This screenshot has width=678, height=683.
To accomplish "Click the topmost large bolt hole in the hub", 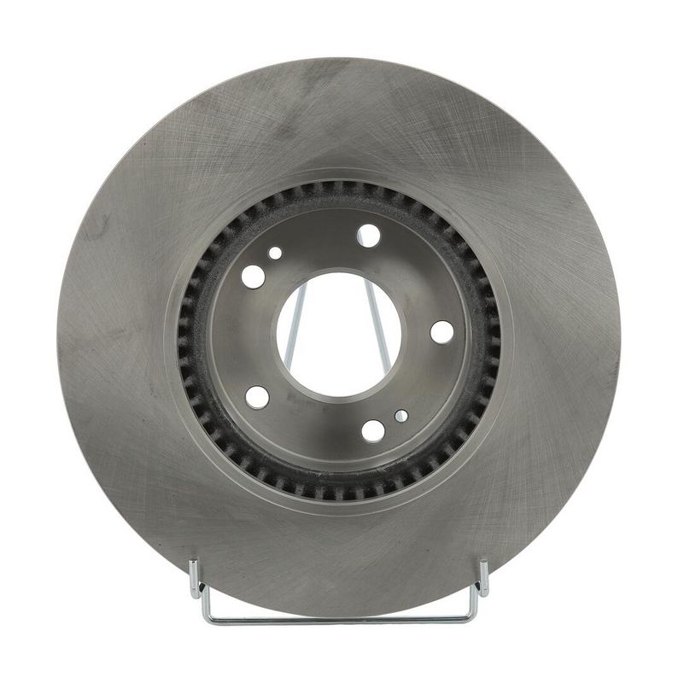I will click(368, 235).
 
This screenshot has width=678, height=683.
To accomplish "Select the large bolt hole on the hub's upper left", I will click(254, 276).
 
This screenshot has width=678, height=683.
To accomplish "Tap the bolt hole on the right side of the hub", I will click(441, 332).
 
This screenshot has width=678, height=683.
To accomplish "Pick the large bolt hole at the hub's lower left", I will click(257, 396).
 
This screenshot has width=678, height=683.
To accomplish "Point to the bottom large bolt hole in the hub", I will click(373, 430).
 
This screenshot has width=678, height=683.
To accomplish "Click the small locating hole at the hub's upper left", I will click(275, 254).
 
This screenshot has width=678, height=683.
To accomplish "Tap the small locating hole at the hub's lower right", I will click(401, 416).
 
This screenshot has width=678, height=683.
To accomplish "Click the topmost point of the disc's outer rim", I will click(339, 59).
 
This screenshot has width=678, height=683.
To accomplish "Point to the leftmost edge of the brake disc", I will click(58, 338).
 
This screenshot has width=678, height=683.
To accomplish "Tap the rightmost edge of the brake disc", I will click(620, 338).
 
